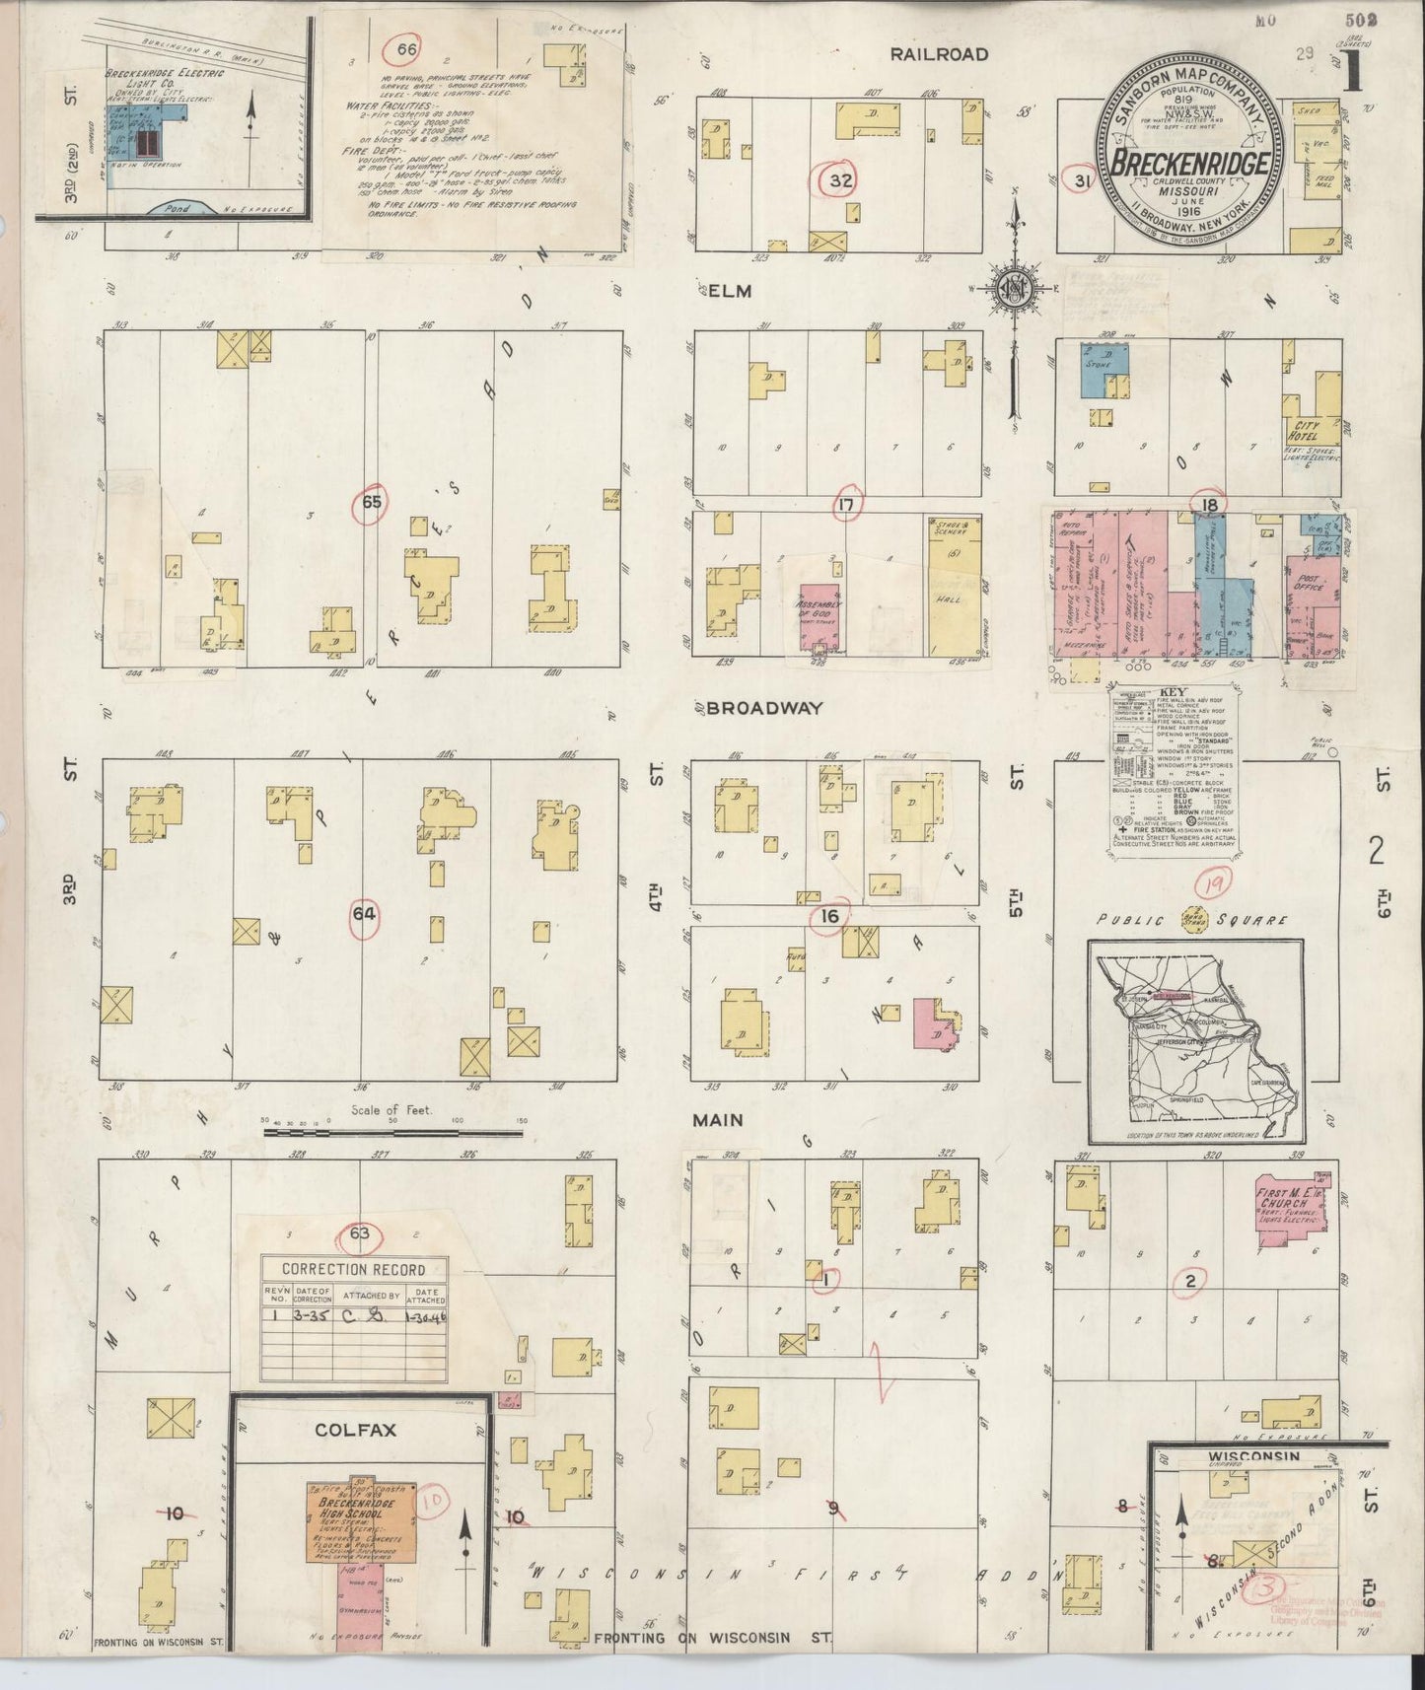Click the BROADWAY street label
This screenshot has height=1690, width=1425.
click(764, 708)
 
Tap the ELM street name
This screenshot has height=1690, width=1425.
click(729, 291)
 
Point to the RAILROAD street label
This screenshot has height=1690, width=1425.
click(939, 54)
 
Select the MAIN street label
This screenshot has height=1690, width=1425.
click(717, 1120)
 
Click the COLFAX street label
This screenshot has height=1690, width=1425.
click(355, 1430)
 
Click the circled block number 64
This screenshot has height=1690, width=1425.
click(364, 914)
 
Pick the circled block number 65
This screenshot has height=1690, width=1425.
click(371, 501)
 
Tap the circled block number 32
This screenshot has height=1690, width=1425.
click(840, 180)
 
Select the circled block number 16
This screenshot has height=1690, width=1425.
click(829, 916)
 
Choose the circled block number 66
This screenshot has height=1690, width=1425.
click(406, 49)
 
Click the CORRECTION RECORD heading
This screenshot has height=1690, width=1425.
click(353, 1269)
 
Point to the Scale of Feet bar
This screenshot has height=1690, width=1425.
click(393, 1134)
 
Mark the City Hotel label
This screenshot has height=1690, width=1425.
click(1304, 430)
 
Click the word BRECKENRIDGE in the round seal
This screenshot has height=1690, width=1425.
click(1188, 163)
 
